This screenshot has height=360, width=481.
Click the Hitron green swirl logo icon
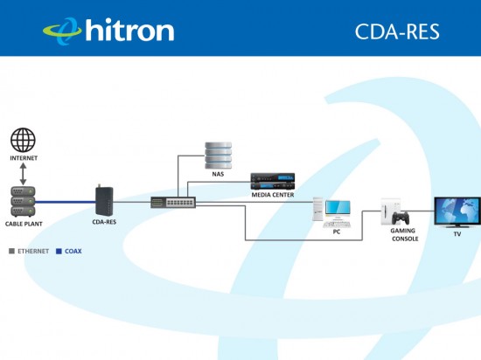coord(63,31)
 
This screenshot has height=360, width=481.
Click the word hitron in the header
coord(129,30)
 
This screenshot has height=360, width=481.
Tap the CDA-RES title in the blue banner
coord(397,31)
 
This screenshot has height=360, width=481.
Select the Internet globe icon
coord(23,140)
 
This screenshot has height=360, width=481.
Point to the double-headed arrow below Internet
coord(23,174)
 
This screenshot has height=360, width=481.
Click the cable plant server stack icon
coord(23,202)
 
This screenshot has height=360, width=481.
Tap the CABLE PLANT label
coord(24,224)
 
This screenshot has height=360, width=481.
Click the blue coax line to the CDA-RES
coord(66,202)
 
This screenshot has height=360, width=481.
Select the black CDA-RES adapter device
coord(104,200)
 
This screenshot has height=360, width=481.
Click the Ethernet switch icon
coord(173,203)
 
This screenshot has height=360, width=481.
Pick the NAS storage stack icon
coord(218,156)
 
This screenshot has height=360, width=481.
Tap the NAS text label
coord(218,174)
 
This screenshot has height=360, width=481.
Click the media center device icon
coord(273,181)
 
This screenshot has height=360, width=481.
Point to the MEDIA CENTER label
coord(273,195)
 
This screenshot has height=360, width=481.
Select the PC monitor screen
coord(338,208)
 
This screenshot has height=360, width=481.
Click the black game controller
coord(401,218)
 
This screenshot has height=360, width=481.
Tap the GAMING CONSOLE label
coord(404,235)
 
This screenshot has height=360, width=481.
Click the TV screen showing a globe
coord(457,211)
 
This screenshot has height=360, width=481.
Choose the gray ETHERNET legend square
coord(12,252)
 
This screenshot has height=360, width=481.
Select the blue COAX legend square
coord(59,252)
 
